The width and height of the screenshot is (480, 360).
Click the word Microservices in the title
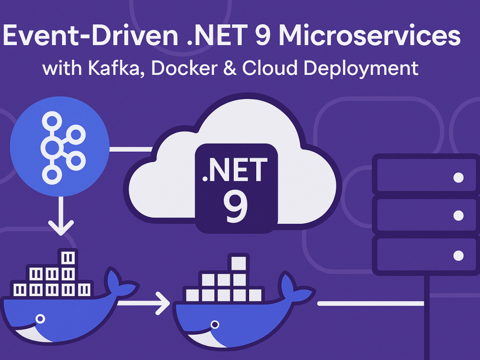click(x=369, y=35)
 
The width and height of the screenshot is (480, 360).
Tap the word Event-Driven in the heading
click(x=91, y=35)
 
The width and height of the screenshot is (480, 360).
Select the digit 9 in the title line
click(x=262, y=35)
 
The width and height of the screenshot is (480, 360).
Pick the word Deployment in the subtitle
click(x=360, y=69)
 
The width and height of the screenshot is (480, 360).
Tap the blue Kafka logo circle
click(x=60, y=146)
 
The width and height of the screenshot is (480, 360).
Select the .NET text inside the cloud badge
click(x=235, y=170)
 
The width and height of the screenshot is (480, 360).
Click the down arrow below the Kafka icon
click(x=60, y=216)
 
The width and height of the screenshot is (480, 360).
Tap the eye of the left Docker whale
click(x=40, y=319)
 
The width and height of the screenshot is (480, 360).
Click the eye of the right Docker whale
click(x=215, y=324)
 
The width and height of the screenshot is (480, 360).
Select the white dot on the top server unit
click(x=458, y=178)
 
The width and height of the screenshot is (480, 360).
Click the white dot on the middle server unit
click(x=458, y=216)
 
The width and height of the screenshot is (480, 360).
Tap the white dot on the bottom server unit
click(x=458, y=255)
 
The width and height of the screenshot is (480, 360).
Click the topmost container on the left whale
click(x=68, y=258)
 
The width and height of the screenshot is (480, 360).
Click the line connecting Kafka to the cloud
click(x=131, y=149)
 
